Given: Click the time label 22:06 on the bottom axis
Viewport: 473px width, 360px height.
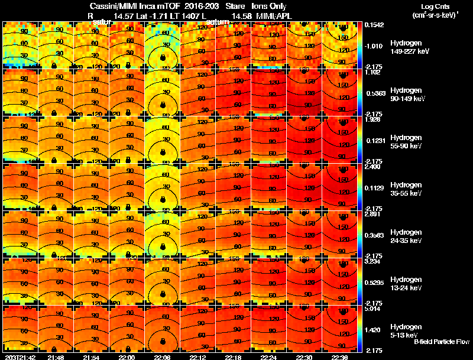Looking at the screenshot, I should click(x=162, y=357).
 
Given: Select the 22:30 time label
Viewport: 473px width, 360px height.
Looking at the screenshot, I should click(x=304, y=357).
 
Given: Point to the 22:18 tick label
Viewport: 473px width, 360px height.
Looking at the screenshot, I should click(x=233, y=357).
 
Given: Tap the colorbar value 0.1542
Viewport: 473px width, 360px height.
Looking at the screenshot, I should click(x=373, y=24).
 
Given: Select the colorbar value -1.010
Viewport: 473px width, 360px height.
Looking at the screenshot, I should click(x=373, y=45).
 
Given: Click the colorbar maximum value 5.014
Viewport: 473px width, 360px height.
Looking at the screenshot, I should click(x=373, y=308).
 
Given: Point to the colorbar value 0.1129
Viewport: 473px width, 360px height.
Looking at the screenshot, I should click(x=373, y=189).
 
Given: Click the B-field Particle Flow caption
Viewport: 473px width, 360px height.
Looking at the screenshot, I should click(x=440, y=342).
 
